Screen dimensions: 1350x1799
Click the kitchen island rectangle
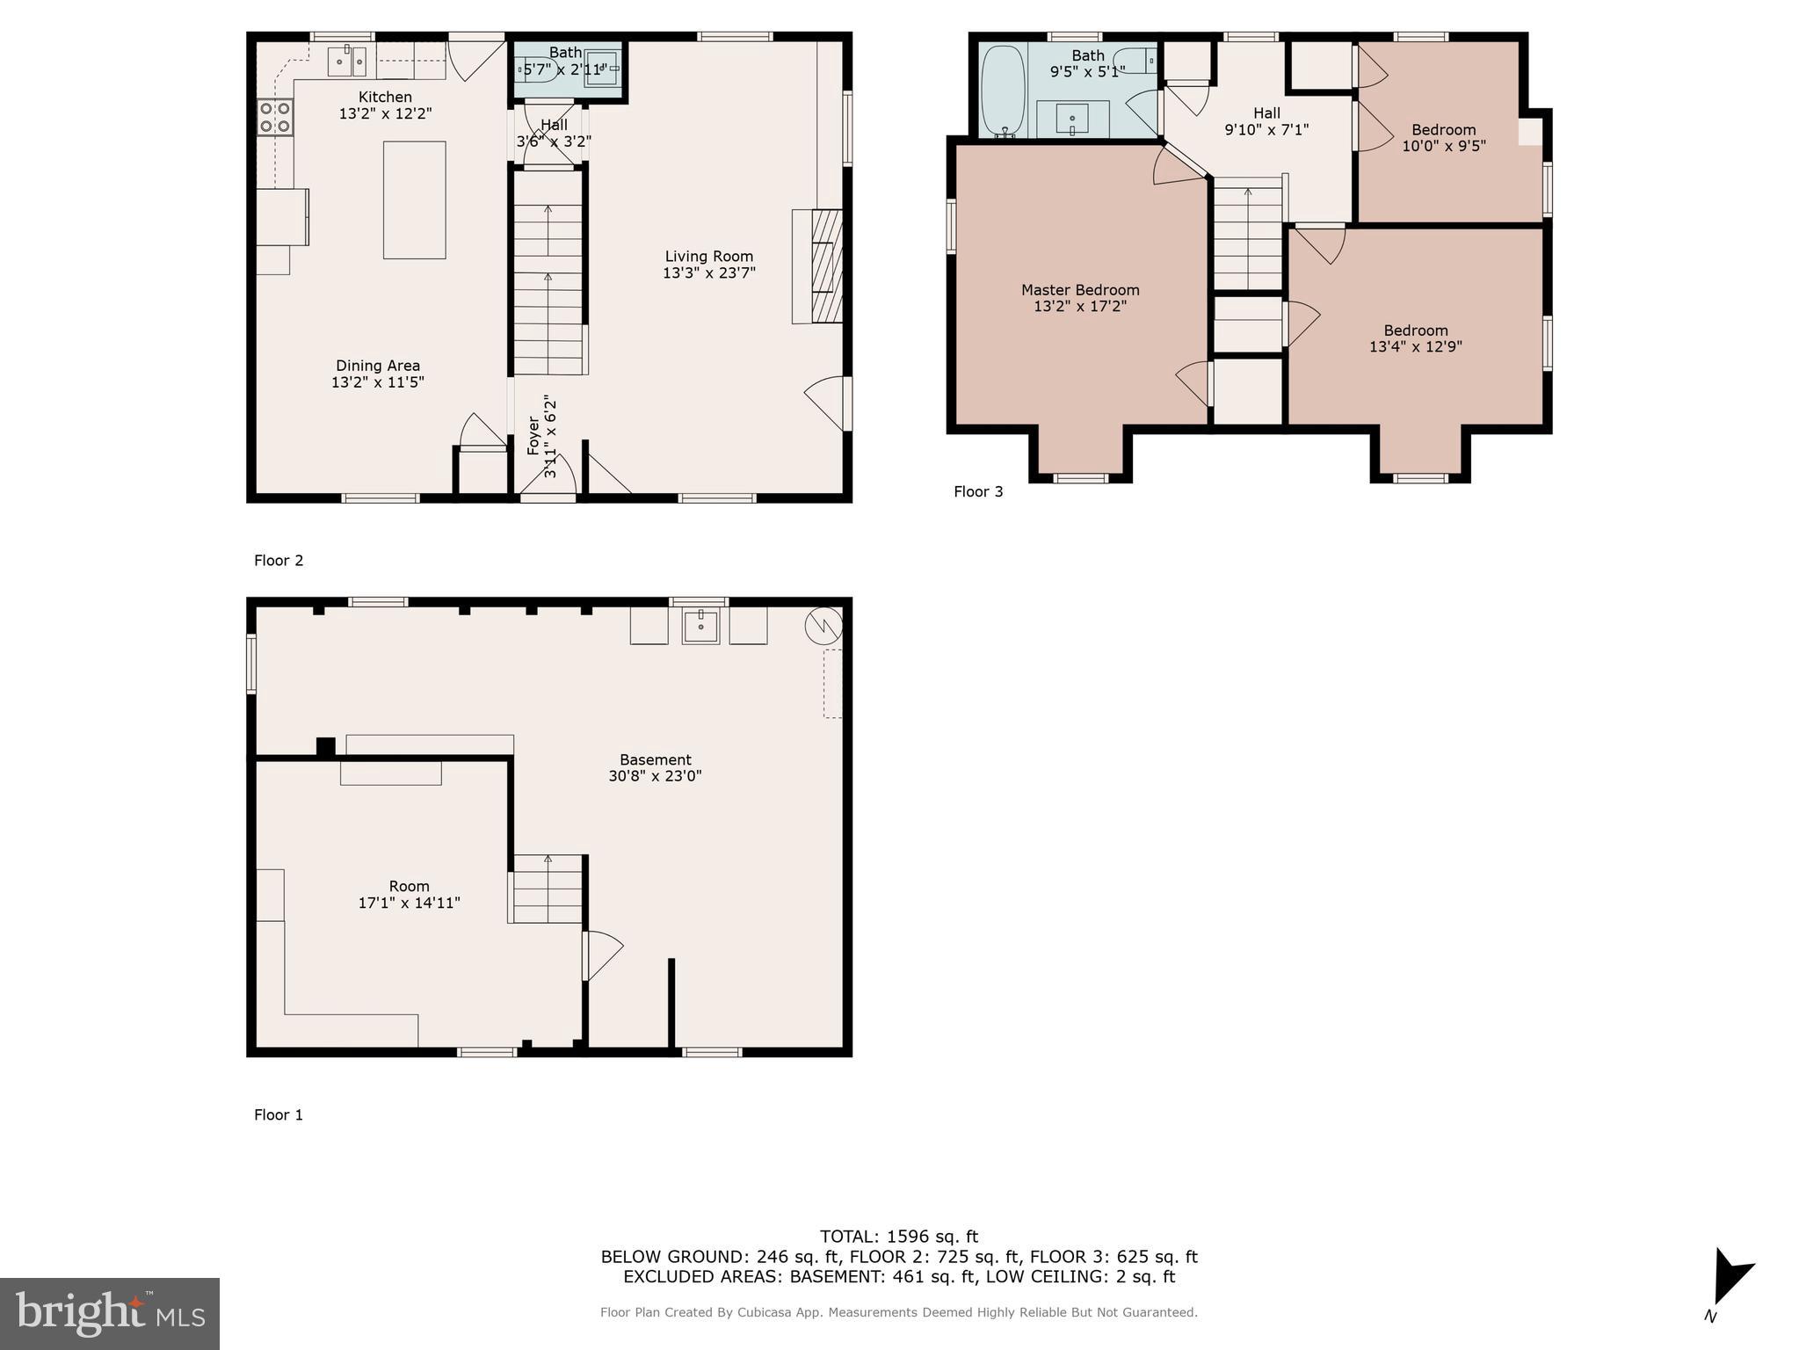click(x=414, y=200)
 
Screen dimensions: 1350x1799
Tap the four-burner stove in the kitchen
click(x=274, y=117)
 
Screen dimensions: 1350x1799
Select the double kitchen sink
click(x=347, y=62)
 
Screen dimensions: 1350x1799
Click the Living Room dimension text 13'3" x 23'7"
click(x=708, y=272)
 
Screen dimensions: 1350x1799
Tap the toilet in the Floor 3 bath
click(x=1135, y=61)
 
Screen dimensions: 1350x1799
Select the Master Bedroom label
click(x=1079, y=290)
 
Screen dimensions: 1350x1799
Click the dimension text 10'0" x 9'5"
click(x=1443, y=146)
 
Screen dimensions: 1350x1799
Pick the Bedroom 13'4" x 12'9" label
click(x=1415, y=338)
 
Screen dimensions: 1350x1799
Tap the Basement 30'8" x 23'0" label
click(x=655, y=767)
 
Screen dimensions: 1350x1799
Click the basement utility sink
click(x=700, y=626)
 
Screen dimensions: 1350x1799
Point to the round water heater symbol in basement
click(x=823, y=625)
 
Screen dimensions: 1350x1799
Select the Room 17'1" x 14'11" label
click(x=409, y=894)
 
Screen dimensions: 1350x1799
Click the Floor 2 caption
click(x=279, y=560)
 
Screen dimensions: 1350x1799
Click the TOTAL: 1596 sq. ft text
click(x=898, y=1236)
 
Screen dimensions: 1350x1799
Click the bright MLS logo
click(x=110, y=1313)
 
